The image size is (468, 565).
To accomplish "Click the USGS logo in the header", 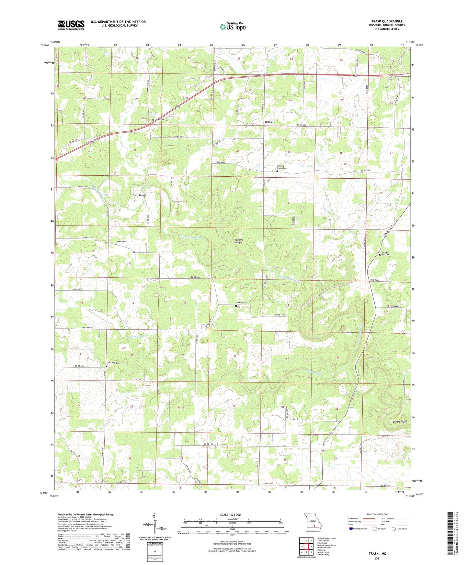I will coord(71,25).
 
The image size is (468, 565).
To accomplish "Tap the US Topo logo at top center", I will coord(232,27).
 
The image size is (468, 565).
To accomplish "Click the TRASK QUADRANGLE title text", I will coord(387,21).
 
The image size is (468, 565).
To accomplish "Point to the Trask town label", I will coord(268,122).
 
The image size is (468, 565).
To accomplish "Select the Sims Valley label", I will coord(140,195).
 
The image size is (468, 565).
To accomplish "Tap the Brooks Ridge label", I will coord(400,422).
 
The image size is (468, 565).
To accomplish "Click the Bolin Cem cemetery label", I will coord(121,242).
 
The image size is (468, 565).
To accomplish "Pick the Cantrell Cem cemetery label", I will coord(241,303).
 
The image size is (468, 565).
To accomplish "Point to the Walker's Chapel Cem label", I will coord(282,167).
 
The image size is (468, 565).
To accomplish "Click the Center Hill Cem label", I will coord(385,253).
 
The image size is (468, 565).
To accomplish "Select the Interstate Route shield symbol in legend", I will coord(351,529).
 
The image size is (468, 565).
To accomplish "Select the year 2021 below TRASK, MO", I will coord(377,558).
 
